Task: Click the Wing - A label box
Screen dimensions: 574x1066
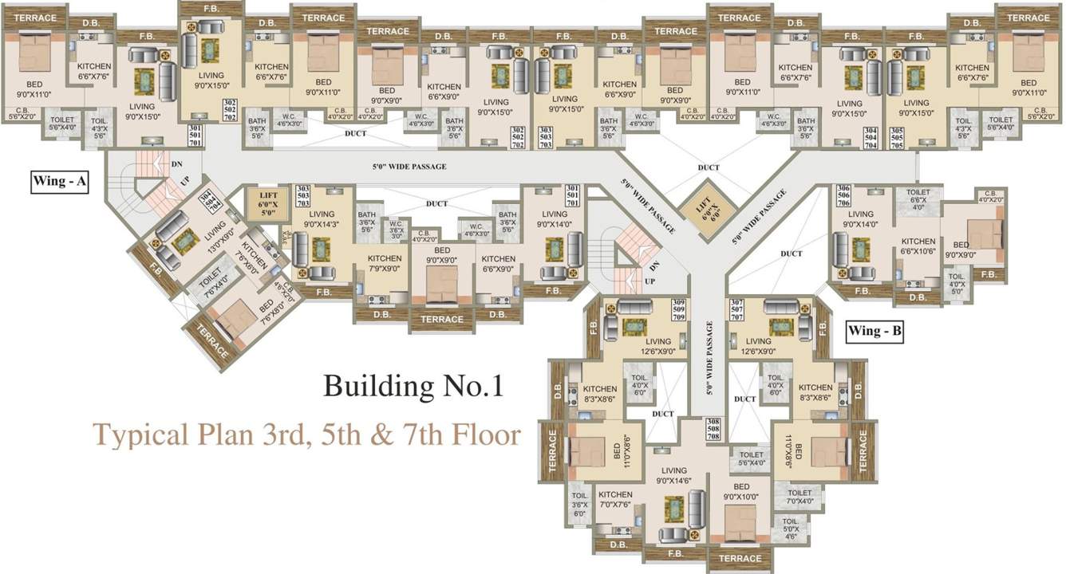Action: coord(60,182)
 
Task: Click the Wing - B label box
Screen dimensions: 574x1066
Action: coord(875,330)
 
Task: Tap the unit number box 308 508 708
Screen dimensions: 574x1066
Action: coord(713,429)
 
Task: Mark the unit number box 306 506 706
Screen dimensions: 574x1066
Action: coord(843,196)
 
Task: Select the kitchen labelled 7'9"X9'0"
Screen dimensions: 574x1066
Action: coord(384,264)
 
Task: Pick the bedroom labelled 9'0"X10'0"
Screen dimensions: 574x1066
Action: coord(740,492)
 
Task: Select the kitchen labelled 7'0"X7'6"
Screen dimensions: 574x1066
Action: coord(615,500)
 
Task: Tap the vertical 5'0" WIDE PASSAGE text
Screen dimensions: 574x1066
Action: coord(709,359)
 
